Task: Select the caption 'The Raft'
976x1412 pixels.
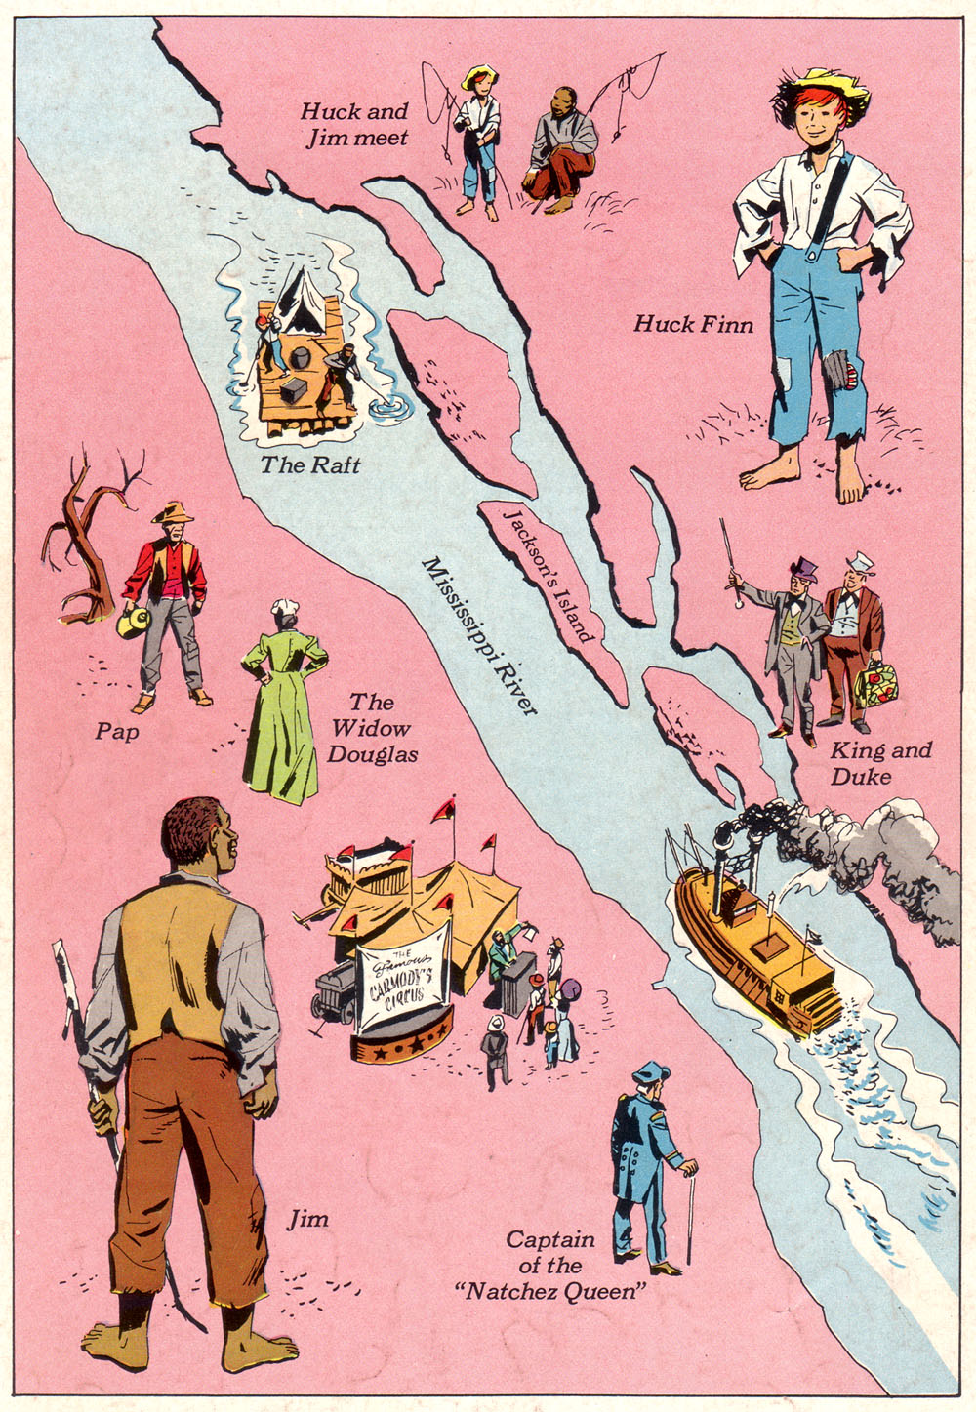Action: [309, 465]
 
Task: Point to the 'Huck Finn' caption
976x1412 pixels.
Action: [693, 324]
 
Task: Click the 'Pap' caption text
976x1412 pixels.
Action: [116, 730]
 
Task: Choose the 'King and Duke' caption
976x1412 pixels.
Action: [879, 763]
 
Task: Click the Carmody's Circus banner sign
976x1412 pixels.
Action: [403, 977]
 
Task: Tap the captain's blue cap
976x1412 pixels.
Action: [650, 1072]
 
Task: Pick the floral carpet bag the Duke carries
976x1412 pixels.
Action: [874, 686]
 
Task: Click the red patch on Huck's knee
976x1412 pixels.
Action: [852, 376]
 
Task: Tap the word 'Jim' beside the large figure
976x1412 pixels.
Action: [307, 1220]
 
